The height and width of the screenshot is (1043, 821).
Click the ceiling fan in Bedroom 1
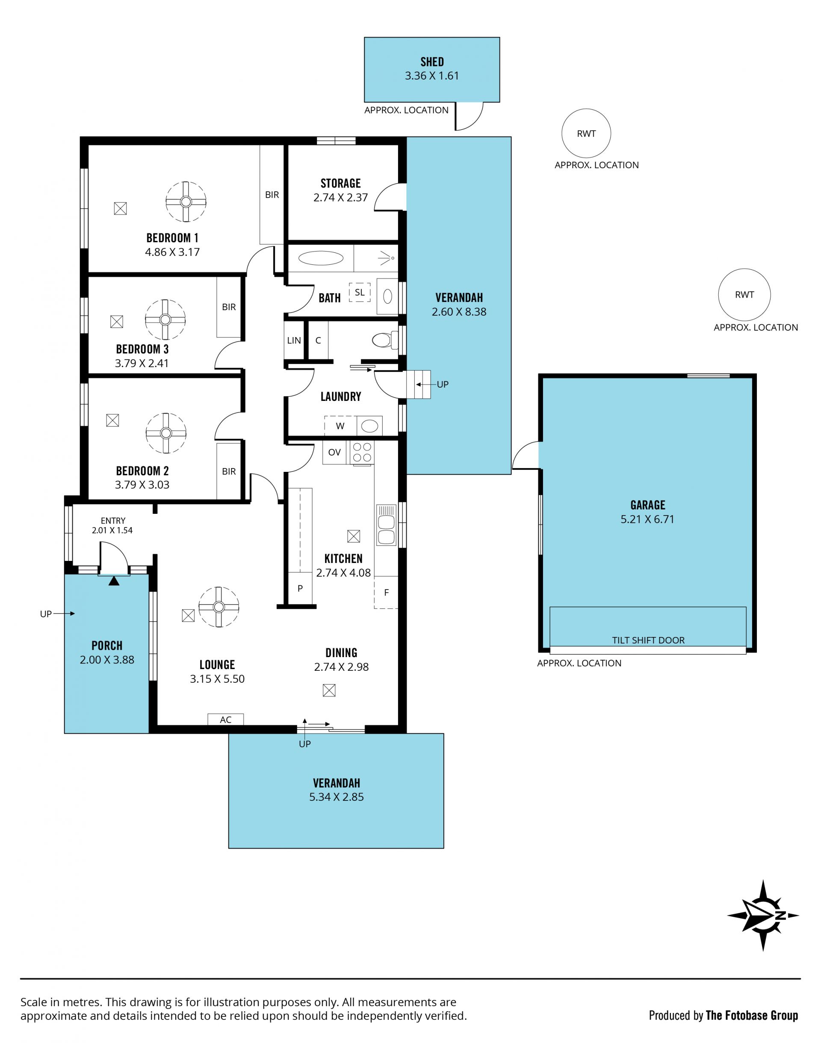(x=186, y=202)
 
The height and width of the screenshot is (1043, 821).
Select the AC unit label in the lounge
(x=225, y=720)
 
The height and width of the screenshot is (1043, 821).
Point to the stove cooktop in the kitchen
(x=362, y=453)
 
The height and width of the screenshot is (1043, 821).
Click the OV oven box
(x=334, y=452)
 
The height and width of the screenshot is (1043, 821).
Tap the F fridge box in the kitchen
(x=386, y=593)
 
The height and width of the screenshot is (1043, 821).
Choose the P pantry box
(x=300, y=588)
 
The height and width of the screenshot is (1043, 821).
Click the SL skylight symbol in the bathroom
(x=360, y=292)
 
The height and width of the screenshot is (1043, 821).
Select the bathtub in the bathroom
(x=321, y=258)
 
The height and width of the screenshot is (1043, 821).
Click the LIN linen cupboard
(x=294, y=341)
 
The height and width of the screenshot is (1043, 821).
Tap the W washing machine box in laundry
(x=340, y=426)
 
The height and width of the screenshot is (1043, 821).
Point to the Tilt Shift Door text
(x=648, y=640)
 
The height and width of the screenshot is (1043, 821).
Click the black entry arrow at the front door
(x=113, y=581)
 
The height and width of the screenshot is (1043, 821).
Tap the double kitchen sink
(x=386, y=524)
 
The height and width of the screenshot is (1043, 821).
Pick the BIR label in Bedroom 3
(x=229, y=307)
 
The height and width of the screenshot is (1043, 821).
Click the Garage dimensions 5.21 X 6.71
(x=647, y=519)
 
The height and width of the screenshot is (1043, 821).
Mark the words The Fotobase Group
(x=752, y=1015)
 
